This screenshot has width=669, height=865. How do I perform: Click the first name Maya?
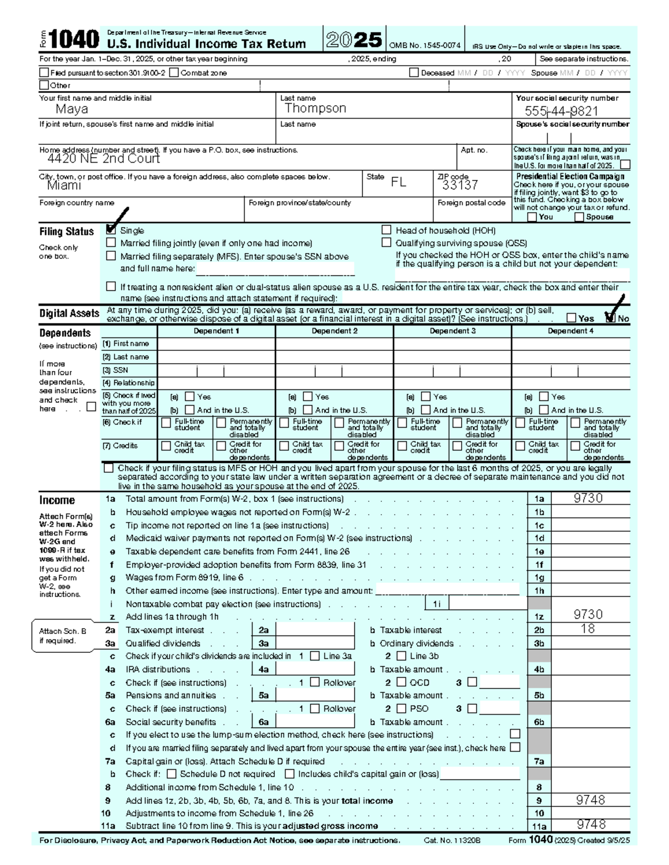[x=71, y=110]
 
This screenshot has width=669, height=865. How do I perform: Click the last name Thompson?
[x=315, y=109]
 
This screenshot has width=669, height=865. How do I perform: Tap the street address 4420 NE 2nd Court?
[x=103, y=159]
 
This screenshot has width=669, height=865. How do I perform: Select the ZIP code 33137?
[x=460, y=185]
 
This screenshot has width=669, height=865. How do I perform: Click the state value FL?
[x=398, y=183]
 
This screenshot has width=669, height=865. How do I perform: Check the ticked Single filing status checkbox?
[x=111, y=229]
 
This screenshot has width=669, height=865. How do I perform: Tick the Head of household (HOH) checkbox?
[x=386, y=229]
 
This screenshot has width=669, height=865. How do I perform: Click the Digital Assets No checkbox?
[x=610, y=318]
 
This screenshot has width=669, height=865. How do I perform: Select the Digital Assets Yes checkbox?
[x=571, y=318]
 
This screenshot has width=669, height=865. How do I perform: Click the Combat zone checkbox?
[x=174, y=72]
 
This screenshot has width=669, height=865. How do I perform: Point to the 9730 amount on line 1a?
[x=588, y=499]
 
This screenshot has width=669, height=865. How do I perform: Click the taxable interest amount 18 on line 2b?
[x=588, y=629]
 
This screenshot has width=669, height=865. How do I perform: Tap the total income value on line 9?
[x=590, y=800]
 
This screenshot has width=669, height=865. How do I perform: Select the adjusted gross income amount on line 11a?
[x=590, y=825]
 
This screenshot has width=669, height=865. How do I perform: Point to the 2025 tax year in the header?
[x=354, y=40]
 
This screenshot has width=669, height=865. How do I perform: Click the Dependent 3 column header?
[x=452, y=331]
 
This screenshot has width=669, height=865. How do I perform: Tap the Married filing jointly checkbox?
[x=111, y=242]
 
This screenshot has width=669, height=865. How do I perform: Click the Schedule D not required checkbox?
[x=172, y=774]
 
